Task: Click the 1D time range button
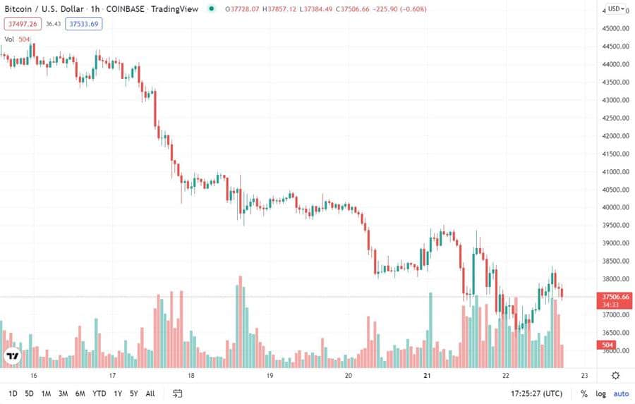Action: [x=13, y=393]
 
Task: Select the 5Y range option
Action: [x=133, y=393]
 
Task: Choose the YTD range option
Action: [x=99, y=393]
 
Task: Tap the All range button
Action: [x=150, y=393]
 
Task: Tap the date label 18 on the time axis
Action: [x=190, y=376]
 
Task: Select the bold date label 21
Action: [x=427, y=376]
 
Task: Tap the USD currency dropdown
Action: [x=616, y=9]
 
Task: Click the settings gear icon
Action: [x=616, y=376]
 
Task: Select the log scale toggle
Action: [x=600, y=393]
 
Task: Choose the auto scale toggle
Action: [x=620, y=393]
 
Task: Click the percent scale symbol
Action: [x=583, y=393]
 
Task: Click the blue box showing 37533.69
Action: [x=83, y=23]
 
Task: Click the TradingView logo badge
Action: [x=11, y=356]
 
